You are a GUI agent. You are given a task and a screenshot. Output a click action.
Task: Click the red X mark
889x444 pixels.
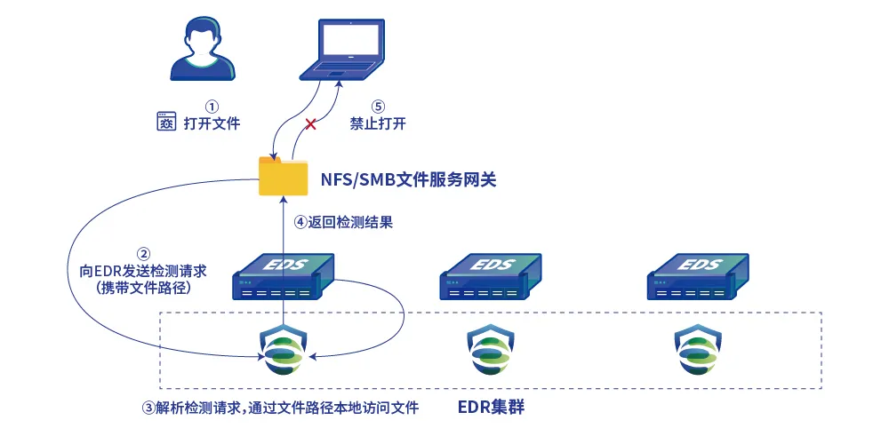[x=311, y=124]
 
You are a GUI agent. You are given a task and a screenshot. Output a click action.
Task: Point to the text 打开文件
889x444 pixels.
[x=212, y=124]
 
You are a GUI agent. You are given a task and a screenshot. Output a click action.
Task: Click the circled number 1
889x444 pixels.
[x=212, y=106]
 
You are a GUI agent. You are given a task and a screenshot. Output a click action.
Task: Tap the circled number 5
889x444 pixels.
[x=378, y=106]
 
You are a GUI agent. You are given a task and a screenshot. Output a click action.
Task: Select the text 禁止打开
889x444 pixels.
[x=378, y=124]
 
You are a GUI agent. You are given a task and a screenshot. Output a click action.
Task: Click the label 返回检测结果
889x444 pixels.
[x=350, y=224]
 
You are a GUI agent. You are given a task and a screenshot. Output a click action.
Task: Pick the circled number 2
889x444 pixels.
[x=144, y=252]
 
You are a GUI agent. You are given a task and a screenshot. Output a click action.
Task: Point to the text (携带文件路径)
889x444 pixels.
[x=143, y=288]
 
